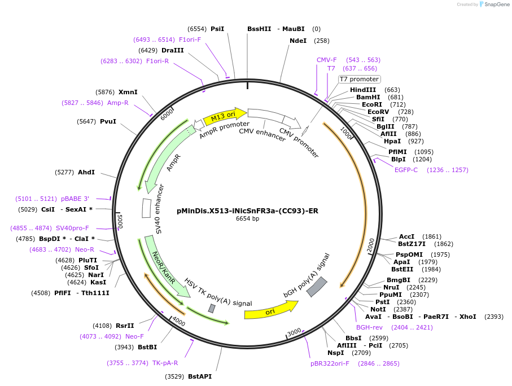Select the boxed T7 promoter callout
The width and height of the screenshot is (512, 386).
point(359,79)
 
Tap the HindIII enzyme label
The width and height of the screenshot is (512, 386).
point(362,90)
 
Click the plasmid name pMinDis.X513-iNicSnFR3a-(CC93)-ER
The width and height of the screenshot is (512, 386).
point(247,210)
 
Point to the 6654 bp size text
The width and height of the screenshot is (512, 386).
point(247,218)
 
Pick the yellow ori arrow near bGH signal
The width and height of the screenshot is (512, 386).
point(271,311)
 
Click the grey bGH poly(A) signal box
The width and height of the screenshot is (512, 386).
point(317,286)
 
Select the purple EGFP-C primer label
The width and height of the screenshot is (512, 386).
point(406,170)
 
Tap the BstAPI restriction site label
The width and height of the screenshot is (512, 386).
point(200,376)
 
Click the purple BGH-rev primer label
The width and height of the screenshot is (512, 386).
point(369,327)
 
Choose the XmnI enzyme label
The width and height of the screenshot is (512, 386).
point(128,92)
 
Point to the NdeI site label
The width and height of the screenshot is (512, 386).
point(298,41)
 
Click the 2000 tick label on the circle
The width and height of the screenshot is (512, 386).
point(371,245)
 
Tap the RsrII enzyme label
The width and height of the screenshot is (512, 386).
point(125,326)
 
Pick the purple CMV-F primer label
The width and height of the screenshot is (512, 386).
point(326,60)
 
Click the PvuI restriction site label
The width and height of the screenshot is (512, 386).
point(108,121)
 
